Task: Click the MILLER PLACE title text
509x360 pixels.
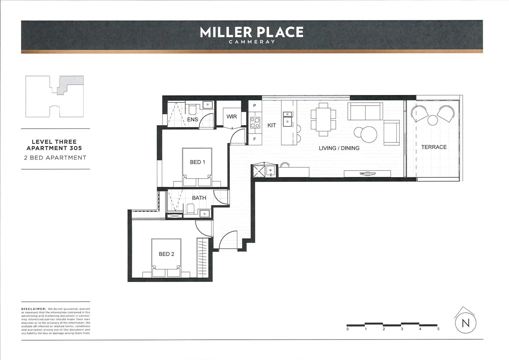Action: [252, 32]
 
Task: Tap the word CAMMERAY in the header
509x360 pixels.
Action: [252, 42]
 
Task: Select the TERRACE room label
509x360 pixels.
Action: [434, 147]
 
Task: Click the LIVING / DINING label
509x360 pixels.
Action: [339, 148]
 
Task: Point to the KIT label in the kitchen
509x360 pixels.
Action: [271, 125]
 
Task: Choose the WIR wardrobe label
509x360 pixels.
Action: [232, 116]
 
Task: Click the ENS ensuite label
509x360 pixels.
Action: [193, 119]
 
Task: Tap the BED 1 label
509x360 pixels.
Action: [197, 162]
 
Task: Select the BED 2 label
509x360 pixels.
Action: [166, 254]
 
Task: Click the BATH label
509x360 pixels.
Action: [199, 198]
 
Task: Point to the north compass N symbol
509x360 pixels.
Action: [465, 323]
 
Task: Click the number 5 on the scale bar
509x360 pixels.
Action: [438, 329]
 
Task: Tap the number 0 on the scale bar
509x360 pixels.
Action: [347, 329]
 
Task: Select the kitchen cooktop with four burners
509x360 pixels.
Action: [255, 123]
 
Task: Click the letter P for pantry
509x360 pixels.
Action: [254, 106]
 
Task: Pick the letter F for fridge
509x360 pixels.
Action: [254, 139]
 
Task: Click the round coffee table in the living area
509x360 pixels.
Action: [369, 134]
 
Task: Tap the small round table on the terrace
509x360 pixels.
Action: [432, 120]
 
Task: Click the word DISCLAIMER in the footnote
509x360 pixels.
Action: [33, 309]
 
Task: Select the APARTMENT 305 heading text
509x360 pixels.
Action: [54, 148]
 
